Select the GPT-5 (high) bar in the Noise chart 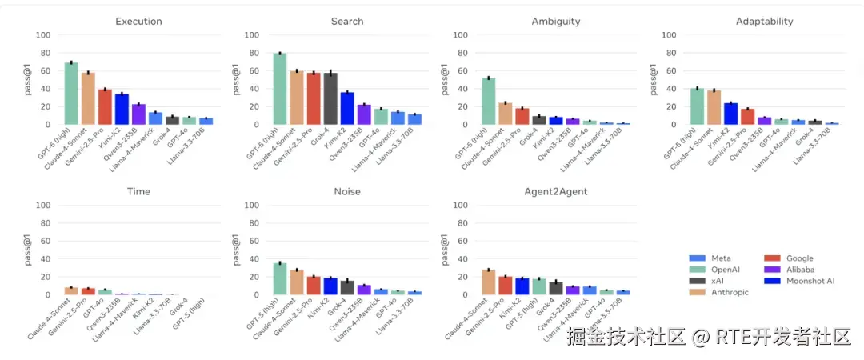coord(280,279)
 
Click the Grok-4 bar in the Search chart coord(330,98)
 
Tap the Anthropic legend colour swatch coord(697,292)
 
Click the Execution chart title coord(138,22)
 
